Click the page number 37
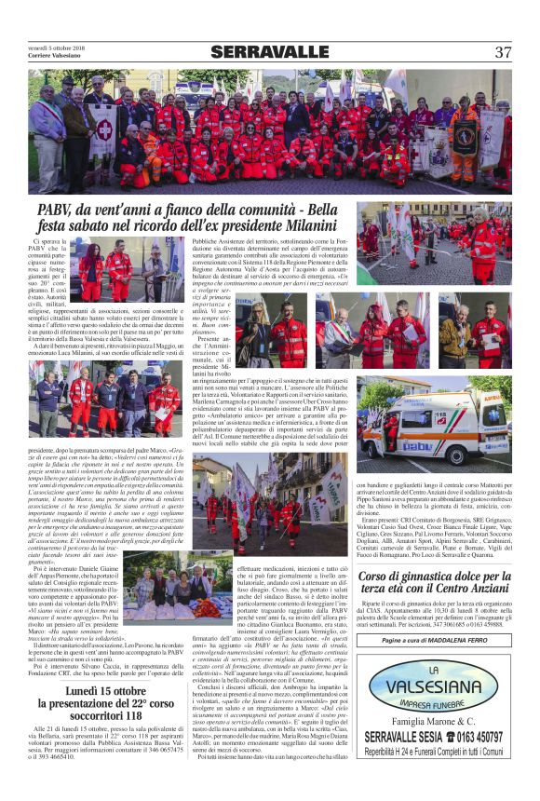pyautogui.click(x=503, y=52)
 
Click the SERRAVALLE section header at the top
pyautogui.click(x=269, y=52)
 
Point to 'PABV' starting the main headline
pyautogui.click(x=59, y=210)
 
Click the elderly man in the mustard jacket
pyautogui.click(x=457, y=334)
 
